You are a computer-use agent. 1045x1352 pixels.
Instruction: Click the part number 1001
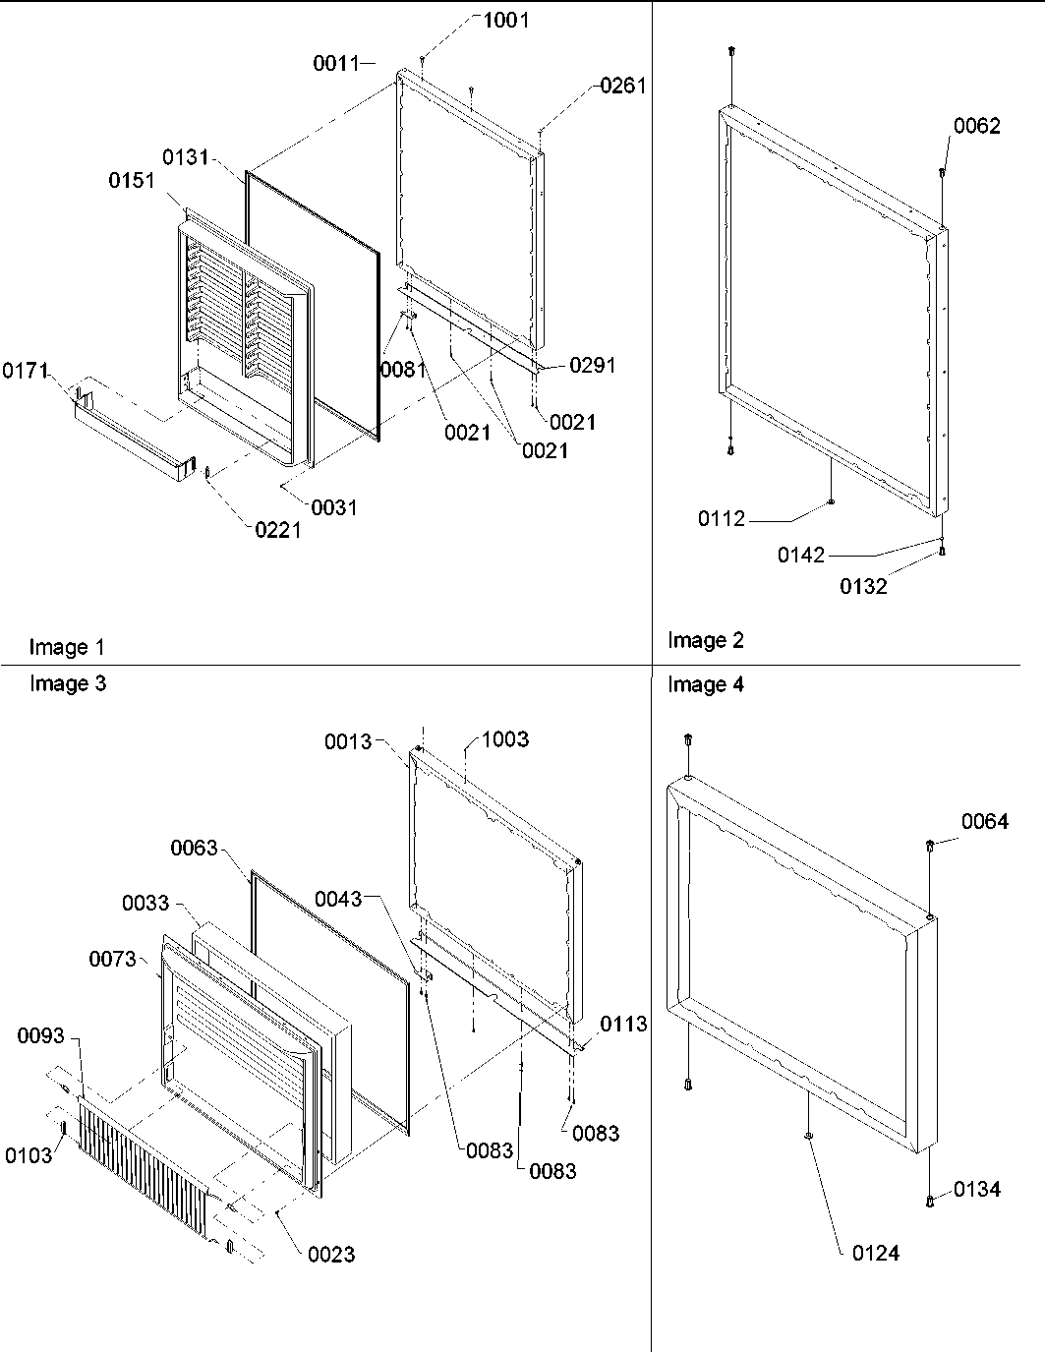[x=505, y=21]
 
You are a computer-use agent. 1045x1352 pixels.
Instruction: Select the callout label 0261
[x=623, y=87]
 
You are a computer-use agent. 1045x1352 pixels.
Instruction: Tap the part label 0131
[x=186, y=157]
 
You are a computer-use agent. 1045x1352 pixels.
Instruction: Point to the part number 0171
[x=26, y=372]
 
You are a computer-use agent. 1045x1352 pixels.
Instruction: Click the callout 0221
[x=277, y=531]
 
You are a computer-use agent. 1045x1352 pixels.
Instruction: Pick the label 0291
[x=593, y=366]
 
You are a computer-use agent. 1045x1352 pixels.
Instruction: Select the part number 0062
[x=977, y=126]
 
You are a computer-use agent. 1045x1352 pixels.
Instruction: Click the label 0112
[x=722, y=519]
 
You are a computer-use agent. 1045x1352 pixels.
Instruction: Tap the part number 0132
[x=863, y=587]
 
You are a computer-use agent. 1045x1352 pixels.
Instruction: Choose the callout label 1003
[x=505, y=739]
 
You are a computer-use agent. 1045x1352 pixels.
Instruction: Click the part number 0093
[x=41, y=1035]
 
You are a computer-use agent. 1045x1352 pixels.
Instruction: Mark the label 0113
[x=624, y=1025]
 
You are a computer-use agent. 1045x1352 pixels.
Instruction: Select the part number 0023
[x=331, y=1255]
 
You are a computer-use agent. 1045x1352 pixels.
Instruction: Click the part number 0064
[x=985, y=822]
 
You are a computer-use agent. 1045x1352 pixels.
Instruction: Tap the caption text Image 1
[x=67, y=647]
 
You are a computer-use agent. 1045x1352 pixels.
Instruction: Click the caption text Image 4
[x=706, y=685]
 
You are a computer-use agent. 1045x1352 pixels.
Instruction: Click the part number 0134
[x=977, y=1190]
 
